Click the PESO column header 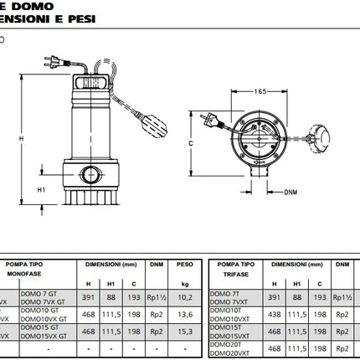(184, 264)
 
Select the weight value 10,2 (184, 296)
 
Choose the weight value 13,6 (184, 315)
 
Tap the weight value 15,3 (184, 332)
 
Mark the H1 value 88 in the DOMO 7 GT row (112, 296)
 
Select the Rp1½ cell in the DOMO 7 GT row (157, 296)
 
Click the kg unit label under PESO (184, 283)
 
